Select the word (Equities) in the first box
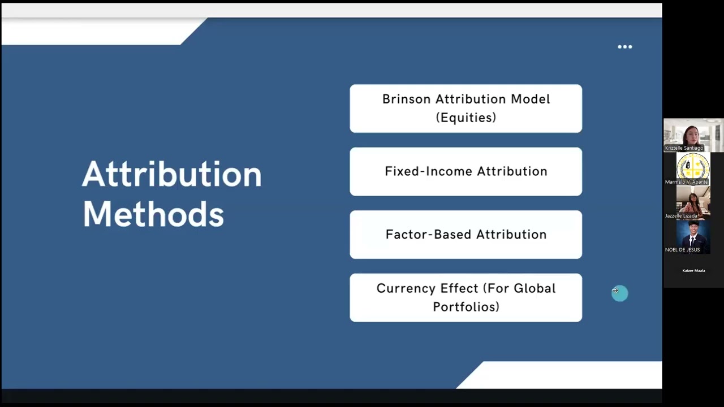click(466, 118)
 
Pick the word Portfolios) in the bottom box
click(466, 307)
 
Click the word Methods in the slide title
click(153, 215)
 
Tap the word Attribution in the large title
click(172, 174)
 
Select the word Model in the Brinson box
click(530, 99)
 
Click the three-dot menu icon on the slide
click(624, 47)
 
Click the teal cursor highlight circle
click(619, 293)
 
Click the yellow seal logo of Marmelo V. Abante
click(693, 167)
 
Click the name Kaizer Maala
click(693, 271)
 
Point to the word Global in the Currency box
click(535, 289)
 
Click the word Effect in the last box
click(449, 289)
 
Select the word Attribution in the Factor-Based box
click(511, 235)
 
